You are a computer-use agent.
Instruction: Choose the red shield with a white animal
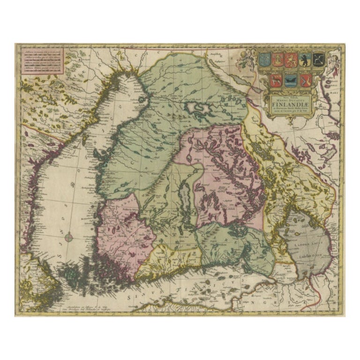click(276, 81)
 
